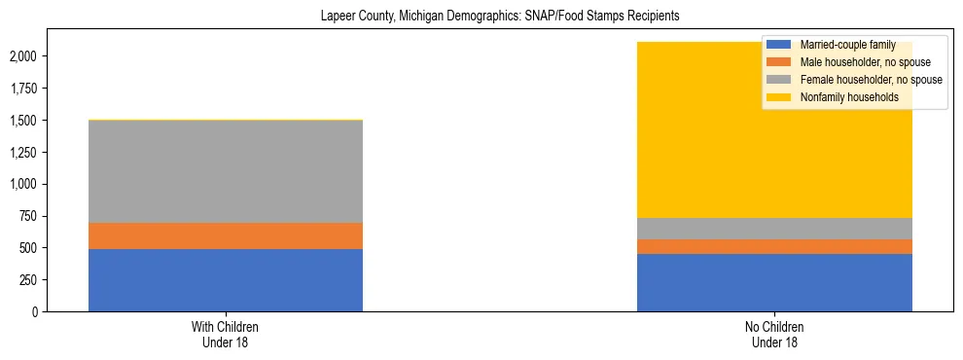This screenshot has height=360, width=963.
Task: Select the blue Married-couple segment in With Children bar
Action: pos(226,280)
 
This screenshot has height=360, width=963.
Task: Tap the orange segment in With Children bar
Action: pos(226,235)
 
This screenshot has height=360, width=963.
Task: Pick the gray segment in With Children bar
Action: pos(226,171)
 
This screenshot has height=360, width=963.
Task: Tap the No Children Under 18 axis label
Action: pos(774,335)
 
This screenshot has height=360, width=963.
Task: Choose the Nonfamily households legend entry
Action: pos(841,97)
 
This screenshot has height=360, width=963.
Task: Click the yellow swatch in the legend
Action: pos(778,97)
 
